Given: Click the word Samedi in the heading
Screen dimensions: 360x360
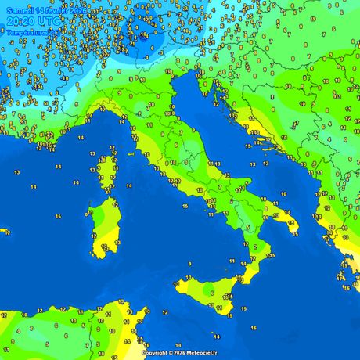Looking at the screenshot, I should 20,7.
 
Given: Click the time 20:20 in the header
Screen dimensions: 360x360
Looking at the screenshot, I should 20,20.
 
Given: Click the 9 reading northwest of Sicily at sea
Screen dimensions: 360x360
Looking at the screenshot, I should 189,265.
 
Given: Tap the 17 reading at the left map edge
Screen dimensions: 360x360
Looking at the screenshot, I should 6,232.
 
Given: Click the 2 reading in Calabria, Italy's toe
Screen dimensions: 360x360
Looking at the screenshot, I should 255,246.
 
